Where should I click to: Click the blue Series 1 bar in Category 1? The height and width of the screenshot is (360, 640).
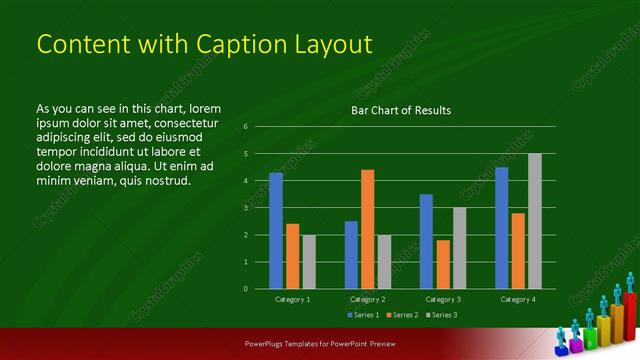point(276,230)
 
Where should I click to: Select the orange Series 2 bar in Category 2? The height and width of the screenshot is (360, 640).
point(368,229)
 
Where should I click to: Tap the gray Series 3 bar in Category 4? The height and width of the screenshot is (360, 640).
point(534,221)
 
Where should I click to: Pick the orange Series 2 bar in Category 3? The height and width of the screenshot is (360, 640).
point(443,264)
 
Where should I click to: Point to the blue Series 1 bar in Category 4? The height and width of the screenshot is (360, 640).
point(501,228)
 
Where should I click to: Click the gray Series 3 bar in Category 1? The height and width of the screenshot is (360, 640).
point(309,262)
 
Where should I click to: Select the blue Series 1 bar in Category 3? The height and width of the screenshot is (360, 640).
point(426,241)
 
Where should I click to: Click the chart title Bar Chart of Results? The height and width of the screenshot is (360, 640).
point(401,110)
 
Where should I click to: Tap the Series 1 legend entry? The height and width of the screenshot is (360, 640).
point(363,315)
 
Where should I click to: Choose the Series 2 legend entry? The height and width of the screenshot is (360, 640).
point(400,315)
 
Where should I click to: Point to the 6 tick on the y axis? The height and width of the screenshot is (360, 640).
point(246,127)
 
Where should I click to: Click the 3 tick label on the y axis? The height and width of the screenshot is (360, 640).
point(246,208)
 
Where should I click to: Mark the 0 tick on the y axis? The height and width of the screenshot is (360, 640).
point(246,289)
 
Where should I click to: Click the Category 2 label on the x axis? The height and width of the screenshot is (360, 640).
point(367,299)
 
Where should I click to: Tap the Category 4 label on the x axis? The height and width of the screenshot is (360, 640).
point(517,299)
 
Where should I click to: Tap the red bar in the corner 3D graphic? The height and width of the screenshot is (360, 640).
point(631,314)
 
